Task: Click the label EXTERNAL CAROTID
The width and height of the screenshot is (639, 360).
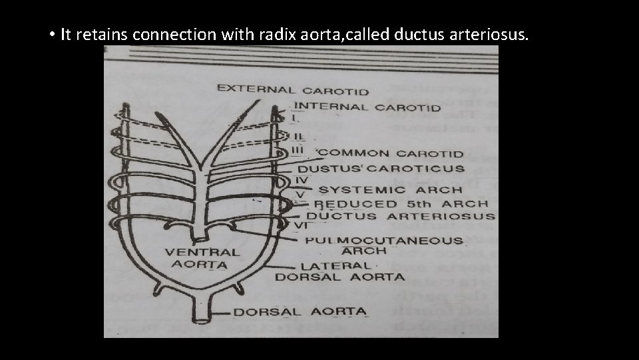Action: click(x=292, y=89)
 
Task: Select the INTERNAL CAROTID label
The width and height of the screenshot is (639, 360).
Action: click(x=367, y=107)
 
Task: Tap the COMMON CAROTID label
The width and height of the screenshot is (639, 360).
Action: click(x=391, y=153)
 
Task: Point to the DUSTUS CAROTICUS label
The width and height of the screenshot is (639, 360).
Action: click(x=381, y=169)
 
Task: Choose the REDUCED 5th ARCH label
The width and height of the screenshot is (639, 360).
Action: click(x=401, y=204)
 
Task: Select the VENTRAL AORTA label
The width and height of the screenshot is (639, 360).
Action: click(x=202, y=258)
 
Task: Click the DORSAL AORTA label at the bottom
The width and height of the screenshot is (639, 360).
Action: click(x=299, y=311)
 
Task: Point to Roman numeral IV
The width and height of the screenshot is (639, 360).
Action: click(x=300, y=180)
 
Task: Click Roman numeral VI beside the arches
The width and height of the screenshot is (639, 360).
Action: click(x=300, y=225)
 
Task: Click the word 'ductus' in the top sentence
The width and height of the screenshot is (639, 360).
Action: click(x=414, y=35)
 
